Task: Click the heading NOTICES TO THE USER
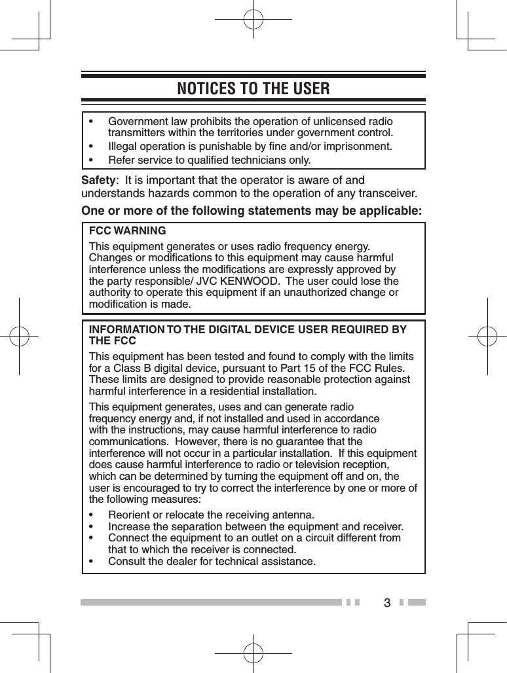pos(254,88)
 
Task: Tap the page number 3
pos(387,602)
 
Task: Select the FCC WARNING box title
pos(127,231)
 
